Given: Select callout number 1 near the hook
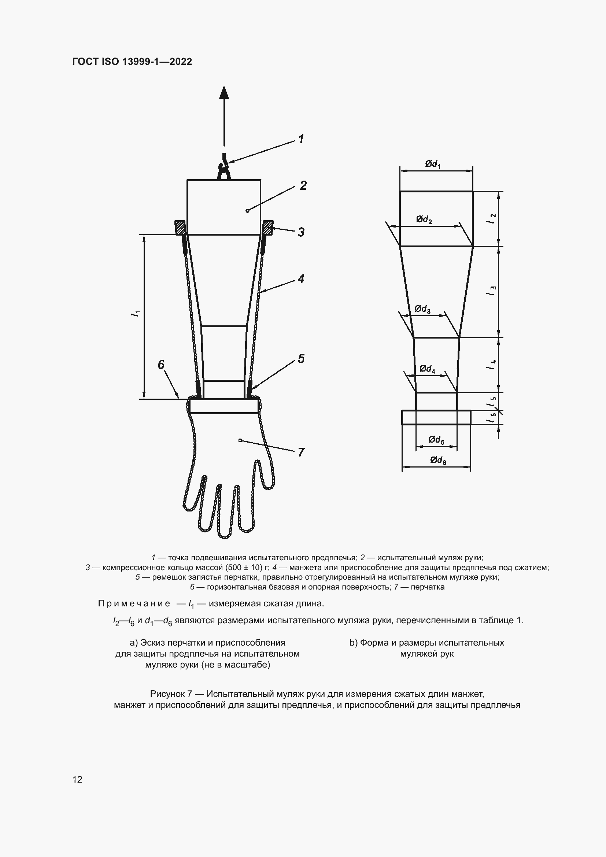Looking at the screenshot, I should (301, 139).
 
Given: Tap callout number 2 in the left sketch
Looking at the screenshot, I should (303, 185).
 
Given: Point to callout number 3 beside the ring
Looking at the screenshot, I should (301, 232).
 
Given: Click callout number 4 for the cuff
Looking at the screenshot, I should (301, 278).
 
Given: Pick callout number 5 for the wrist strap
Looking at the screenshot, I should (301, 359).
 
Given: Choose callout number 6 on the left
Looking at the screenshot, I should (161, 365).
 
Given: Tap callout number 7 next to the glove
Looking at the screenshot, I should (301, 452).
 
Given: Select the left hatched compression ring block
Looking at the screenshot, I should (180, 227).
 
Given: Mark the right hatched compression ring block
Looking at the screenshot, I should (268, 227).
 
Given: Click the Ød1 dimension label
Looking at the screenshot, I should (433, 164).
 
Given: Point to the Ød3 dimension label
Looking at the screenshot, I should (423, 309).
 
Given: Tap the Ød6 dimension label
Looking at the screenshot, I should (438, 461).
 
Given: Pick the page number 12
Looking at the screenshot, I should (77, 779).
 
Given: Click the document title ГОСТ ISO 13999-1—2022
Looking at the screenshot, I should (132, 62).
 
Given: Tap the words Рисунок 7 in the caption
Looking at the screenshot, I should (171, 694).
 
